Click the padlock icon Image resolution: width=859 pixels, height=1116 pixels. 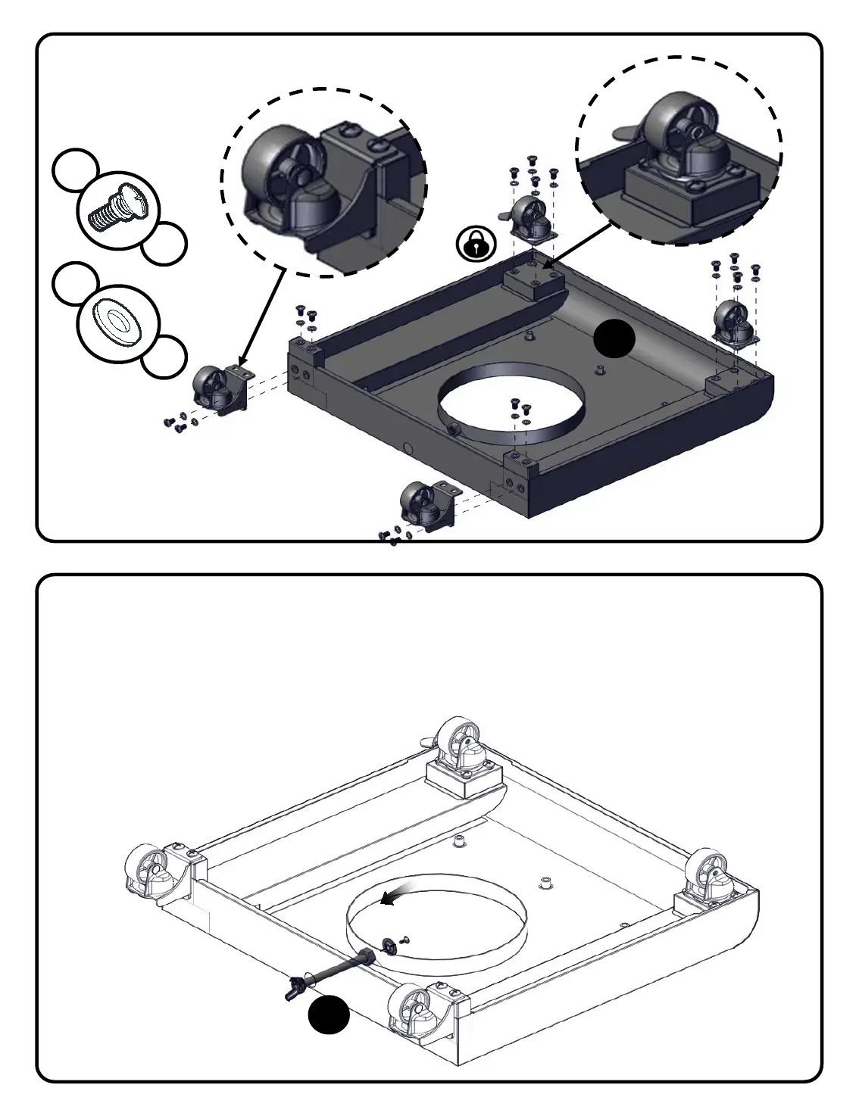476,244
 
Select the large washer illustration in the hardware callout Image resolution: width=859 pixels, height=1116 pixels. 117,322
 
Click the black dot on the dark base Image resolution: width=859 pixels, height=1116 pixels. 614,338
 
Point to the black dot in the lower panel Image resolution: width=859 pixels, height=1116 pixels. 330,1015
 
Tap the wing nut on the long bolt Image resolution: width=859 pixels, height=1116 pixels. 293,989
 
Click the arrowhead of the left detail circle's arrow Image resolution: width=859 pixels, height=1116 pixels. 241,363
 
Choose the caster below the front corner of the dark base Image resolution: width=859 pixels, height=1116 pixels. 423,503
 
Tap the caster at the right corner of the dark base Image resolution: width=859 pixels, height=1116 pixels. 733,323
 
